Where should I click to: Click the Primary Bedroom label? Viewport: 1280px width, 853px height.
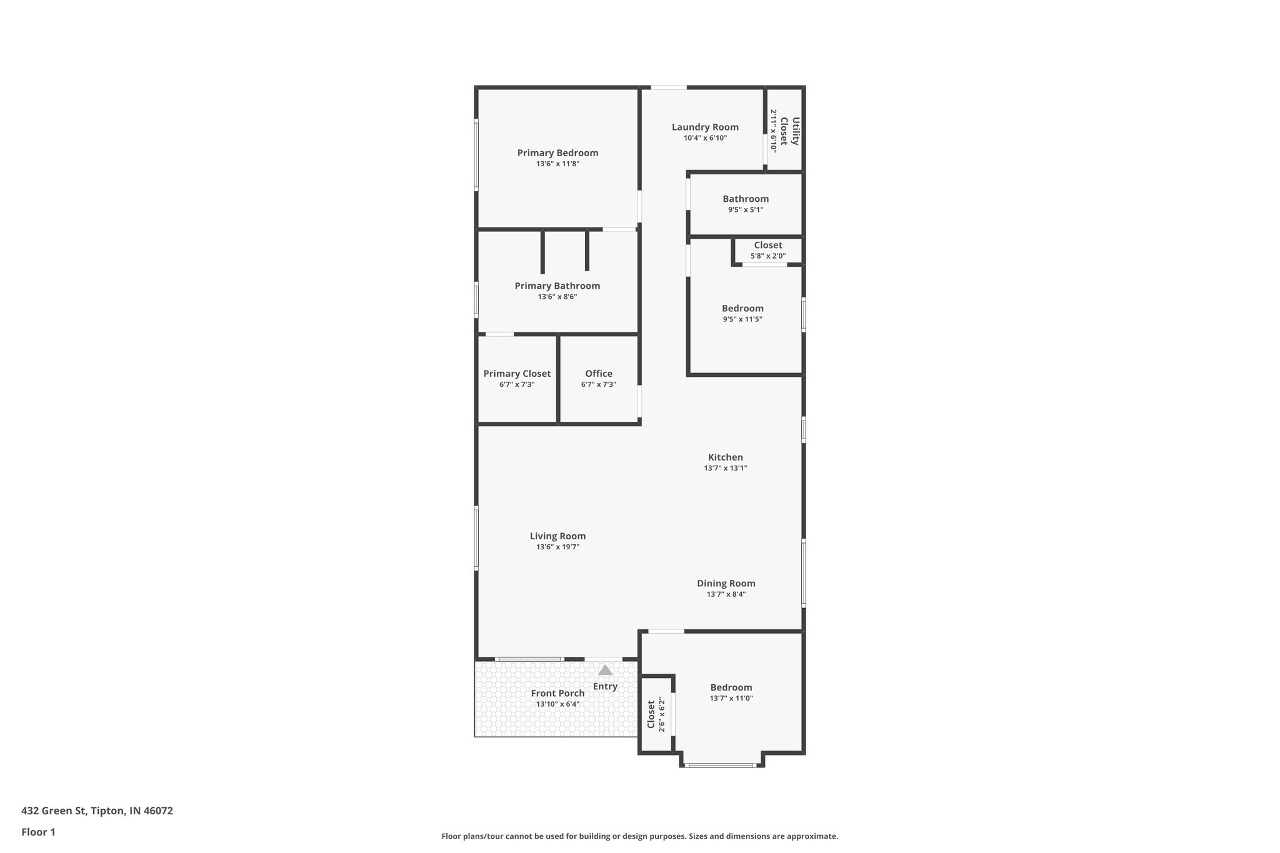coord(557,153)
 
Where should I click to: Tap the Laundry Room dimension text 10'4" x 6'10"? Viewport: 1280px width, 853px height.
coord(705,138)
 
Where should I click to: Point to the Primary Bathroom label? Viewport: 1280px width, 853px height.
coord(557,286)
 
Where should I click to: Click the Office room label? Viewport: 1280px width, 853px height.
coord(599,374)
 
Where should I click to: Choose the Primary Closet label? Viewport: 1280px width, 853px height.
coord(517,374)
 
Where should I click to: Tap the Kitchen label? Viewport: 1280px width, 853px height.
coord(726,457)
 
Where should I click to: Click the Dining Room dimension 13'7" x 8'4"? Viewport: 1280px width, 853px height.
coord(726,594)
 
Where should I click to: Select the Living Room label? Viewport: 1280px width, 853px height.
coord(557,536)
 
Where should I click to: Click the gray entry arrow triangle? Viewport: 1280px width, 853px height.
coord(605,671)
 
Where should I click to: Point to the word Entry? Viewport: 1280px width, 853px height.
coord(605,687)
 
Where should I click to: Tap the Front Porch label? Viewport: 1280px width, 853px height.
coord(557,693)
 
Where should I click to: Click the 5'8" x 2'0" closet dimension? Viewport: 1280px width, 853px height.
coord(768,256)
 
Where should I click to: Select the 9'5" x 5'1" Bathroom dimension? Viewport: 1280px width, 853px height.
coord(746,210)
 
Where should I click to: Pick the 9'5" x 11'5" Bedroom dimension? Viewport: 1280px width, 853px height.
coord(742,319)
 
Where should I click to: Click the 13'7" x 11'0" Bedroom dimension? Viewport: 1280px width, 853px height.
coord(731,699)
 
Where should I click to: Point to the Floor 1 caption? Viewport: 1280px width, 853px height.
coord(38,832)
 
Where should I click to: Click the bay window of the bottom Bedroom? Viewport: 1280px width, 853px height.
coord(721,765)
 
